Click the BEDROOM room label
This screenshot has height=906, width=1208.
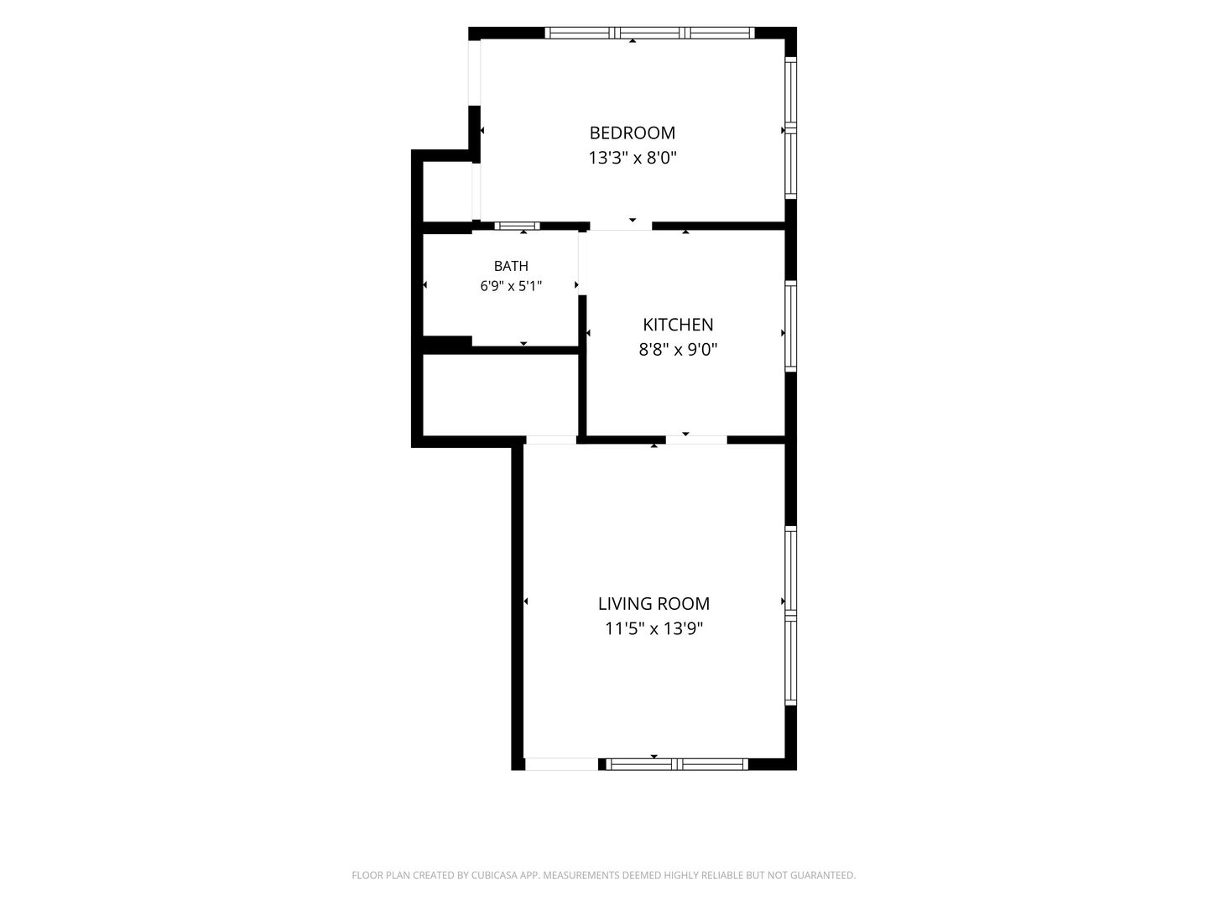[633, 133]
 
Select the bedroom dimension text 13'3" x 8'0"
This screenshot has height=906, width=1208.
[633, 159]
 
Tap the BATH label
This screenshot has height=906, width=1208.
[511, 266]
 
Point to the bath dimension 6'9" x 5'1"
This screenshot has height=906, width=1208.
[511, 286]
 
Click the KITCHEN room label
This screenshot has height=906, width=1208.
[678, 325]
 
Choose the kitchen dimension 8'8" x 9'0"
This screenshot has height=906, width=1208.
[678, 350]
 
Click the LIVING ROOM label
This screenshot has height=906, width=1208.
[653, 604]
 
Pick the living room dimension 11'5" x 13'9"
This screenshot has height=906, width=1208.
[653, 629]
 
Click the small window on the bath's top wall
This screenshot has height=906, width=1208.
[517, 226]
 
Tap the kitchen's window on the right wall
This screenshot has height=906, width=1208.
[791, 327]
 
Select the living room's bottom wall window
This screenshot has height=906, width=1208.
[677, 764]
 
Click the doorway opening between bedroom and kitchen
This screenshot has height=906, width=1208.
[621, 226]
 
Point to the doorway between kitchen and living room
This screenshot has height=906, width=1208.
[697, 440]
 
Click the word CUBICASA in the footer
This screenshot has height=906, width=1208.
[494, 875]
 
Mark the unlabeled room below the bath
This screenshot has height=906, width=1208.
[500, 395]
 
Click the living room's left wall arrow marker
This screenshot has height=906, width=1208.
[526, 601]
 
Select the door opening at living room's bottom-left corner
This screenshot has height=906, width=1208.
[561, 764]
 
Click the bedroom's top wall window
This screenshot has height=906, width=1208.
[650, 33]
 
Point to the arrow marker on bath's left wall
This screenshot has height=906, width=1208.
[424, 285]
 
